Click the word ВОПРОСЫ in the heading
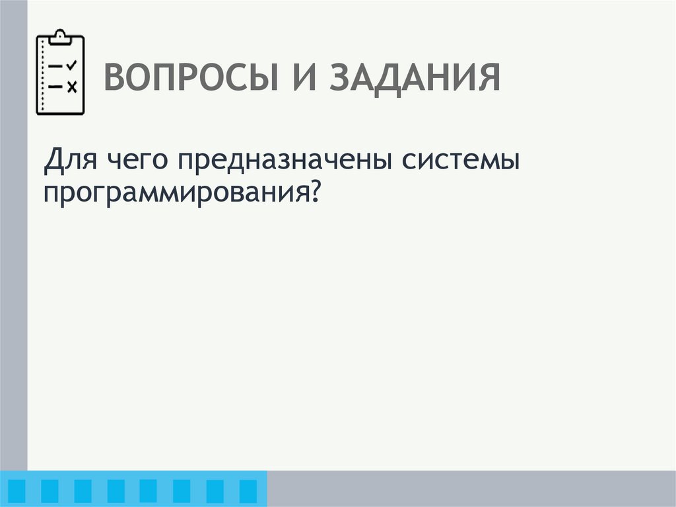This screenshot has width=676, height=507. [191, 78]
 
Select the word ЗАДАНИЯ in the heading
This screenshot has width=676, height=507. [416, 78]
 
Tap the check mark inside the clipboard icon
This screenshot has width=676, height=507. [72, 64]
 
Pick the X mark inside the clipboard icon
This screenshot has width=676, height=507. [72, 86]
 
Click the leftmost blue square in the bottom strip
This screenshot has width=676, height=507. [17, 490]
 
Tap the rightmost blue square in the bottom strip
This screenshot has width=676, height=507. [248, 490]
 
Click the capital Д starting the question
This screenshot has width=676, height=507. [53, 161]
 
